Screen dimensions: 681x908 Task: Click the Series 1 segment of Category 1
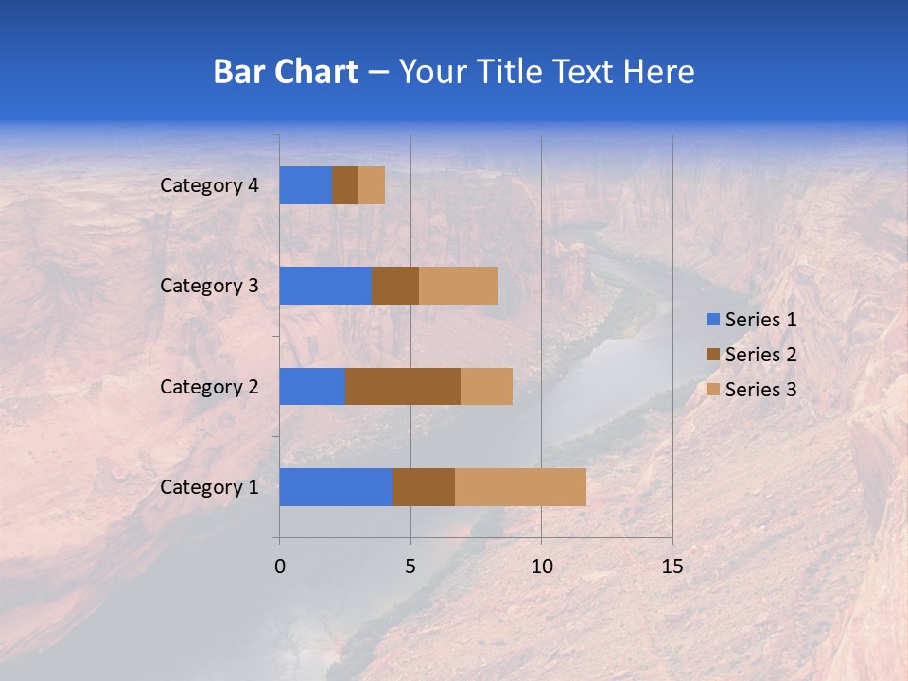click(336, 487)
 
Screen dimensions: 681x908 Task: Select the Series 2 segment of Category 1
click(424, 487)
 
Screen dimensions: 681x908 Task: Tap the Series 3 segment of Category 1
click(520, 487)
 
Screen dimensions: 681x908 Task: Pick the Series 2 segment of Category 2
click(403, 387)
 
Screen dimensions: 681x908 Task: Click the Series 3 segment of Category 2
click(486, 387)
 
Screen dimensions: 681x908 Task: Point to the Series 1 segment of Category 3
click(325, 286)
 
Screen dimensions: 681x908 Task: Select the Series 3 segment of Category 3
click(458, 286)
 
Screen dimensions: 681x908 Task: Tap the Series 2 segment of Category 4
click(345, 185)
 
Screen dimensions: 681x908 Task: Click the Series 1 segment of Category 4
click(306, 185)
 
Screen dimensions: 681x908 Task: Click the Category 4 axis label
click(209, 185)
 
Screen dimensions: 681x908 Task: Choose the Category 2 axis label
click(209, 387)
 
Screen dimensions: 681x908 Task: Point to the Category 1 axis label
click(209, 487)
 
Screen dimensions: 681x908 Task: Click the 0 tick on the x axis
click(280, 567)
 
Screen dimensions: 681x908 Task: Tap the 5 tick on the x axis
click(410, 567)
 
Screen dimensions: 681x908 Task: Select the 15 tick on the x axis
click(672, 567)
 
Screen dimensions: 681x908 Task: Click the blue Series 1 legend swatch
click(712, 320)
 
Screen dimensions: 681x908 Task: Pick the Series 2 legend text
click(760, 355)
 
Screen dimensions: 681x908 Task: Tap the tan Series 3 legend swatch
click(712, 390)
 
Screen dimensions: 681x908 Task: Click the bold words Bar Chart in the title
click(286, 72)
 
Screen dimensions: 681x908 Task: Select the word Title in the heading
click(512, 72)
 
